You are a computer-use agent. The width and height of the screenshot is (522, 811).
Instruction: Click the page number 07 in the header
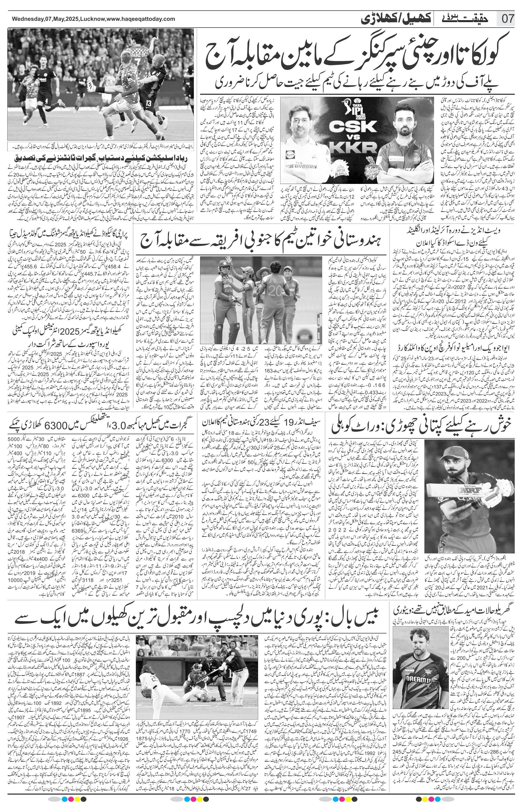tap(508, 19)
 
